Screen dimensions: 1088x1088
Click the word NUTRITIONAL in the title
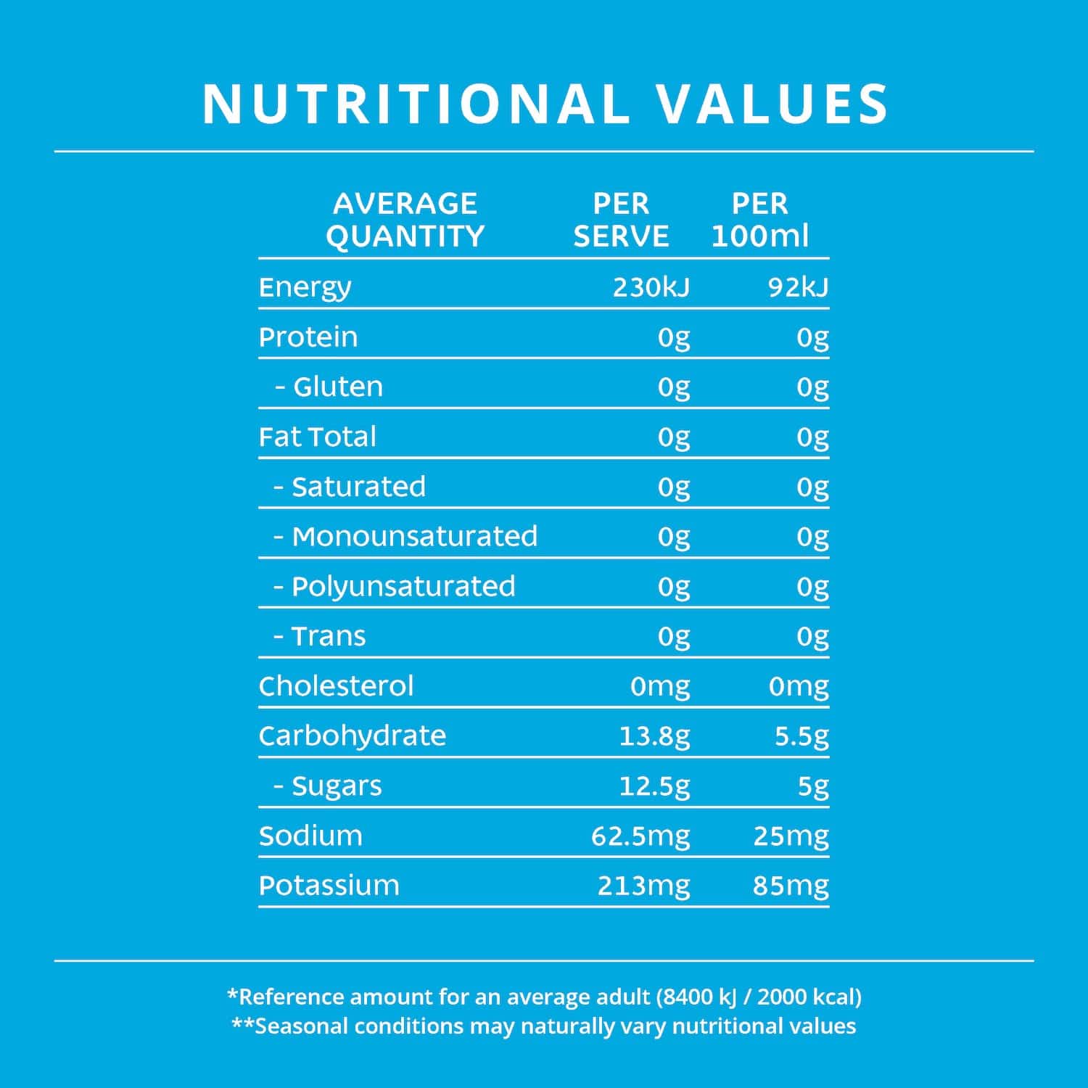[416, 104]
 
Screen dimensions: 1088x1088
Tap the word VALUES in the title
[772, 104]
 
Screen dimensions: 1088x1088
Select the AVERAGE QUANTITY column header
[405, 220]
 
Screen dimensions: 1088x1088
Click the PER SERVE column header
[621, 220]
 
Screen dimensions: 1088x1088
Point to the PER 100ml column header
[759, 220]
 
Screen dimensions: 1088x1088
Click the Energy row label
[305, 288]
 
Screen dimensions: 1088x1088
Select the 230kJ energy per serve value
[651, 288]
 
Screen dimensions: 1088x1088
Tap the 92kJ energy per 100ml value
[798, 288]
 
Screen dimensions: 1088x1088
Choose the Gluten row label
[337, 387]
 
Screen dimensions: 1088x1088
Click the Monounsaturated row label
[414, 537]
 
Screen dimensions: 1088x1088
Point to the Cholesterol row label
[336, 686]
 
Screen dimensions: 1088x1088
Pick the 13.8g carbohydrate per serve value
[654, 736]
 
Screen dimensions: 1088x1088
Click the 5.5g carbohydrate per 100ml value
[801, 736]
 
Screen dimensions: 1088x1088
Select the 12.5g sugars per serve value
[654, 786]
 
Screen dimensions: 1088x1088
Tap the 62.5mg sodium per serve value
[640, 836]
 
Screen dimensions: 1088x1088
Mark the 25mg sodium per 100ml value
[791, 836]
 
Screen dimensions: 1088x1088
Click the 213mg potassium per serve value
[643, 886]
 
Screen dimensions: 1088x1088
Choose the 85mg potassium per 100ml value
[791, 886]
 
